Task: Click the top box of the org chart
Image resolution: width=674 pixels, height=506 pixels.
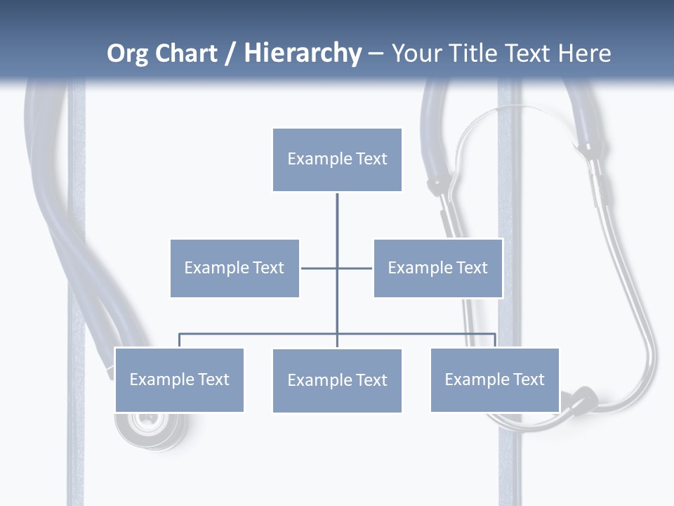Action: click(337, 160)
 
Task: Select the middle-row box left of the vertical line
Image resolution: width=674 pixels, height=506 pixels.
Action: click(234, 268)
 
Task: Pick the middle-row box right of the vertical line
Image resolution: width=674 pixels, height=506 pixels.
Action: click(438, 268)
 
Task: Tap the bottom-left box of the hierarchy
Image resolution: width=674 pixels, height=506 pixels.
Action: click(179, 379)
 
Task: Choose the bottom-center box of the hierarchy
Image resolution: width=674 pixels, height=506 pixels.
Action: click(337, 380)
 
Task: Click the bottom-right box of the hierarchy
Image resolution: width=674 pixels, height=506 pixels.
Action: click(495, 379)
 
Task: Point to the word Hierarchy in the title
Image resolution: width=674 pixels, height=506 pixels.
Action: click(302, 54)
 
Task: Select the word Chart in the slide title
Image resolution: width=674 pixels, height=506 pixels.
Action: click(185, 53)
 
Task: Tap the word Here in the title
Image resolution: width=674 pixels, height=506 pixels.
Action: click(584, 53)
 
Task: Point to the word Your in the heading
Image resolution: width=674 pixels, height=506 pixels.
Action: click(417, 53)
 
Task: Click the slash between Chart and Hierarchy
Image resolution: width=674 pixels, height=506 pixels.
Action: click(230, 54)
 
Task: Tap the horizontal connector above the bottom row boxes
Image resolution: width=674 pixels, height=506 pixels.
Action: click(260, 334)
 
